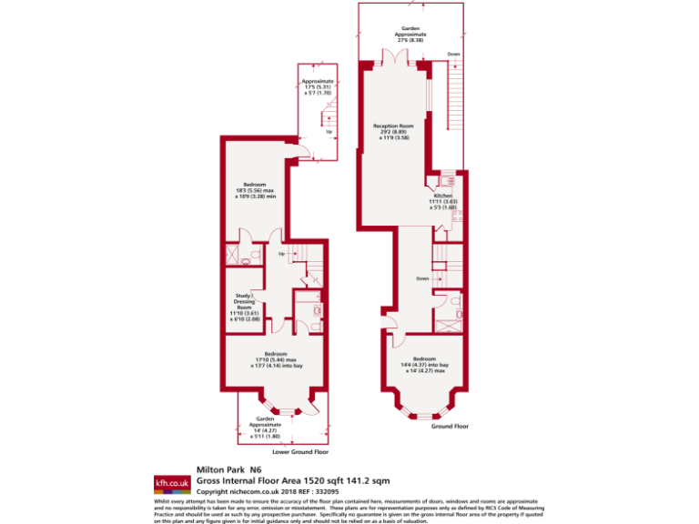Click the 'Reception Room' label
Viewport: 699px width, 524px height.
(x=393, y=126)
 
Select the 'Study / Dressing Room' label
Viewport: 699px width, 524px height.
(x=243, y=301)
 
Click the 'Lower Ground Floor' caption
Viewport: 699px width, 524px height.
(x=299, y=451)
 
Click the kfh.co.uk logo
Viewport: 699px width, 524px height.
(x=171, y=482)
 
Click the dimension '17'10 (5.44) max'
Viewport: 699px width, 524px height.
(x=276, y=359)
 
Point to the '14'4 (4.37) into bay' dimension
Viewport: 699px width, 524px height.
(x=424, y=365)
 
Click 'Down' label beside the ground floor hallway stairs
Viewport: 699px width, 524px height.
(x=422, y=278)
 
